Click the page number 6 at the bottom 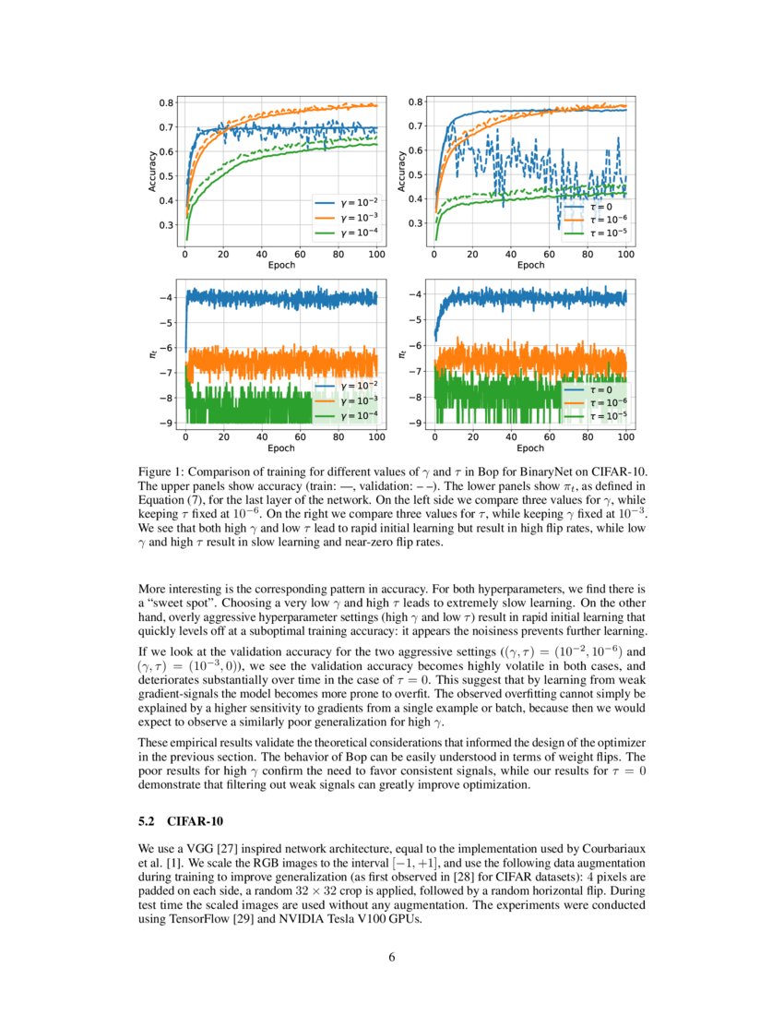click(392, 957)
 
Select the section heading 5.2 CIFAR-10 click(180, 820)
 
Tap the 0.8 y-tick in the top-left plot click(167, 103)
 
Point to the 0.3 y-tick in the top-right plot click(416, 223)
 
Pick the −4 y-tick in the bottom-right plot click(416, 294)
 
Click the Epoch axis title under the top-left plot click(280, 265)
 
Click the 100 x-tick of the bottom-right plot click(625, 436)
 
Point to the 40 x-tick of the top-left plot click(262, 254)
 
